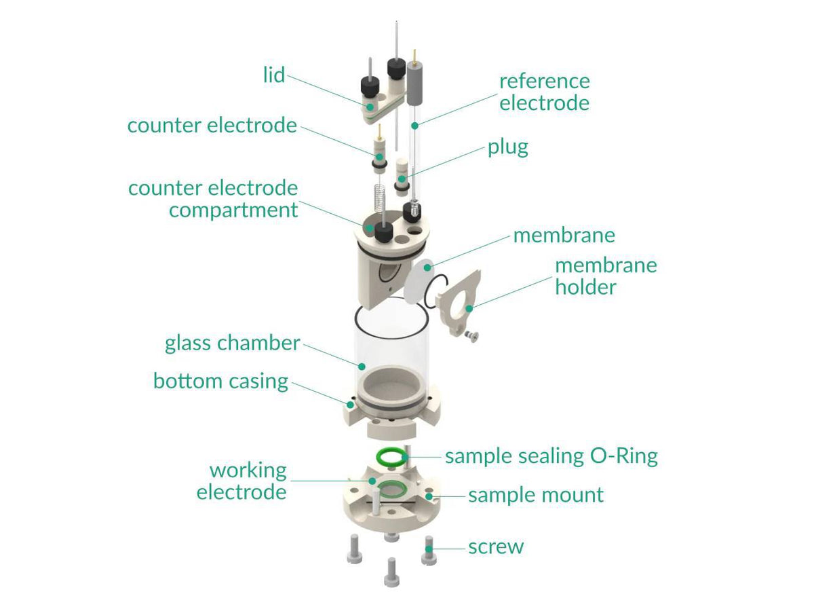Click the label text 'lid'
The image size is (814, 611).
pyautogui.click(x=273, y=75)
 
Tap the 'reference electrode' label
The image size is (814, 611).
pyautogui.click(x=544, y=92)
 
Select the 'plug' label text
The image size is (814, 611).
pyautogui.click(x=507, y=147)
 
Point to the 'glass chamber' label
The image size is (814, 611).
pyautogui.click(x=232, y=344)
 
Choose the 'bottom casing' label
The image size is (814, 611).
pyautogui.click(x=220, y=381)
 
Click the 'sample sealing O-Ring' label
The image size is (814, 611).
pyautogui.click(x=551, y=456)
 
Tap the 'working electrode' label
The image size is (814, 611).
pyautogui.click(x=241, y=481)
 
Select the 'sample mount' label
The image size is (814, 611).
pyautogui.click(x=535, y=495)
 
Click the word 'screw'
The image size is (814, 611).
pyautogui.click(x=496, y=547)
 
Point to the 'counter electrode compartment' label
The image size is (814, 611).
pyautogui.click(x=213, y=199)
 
